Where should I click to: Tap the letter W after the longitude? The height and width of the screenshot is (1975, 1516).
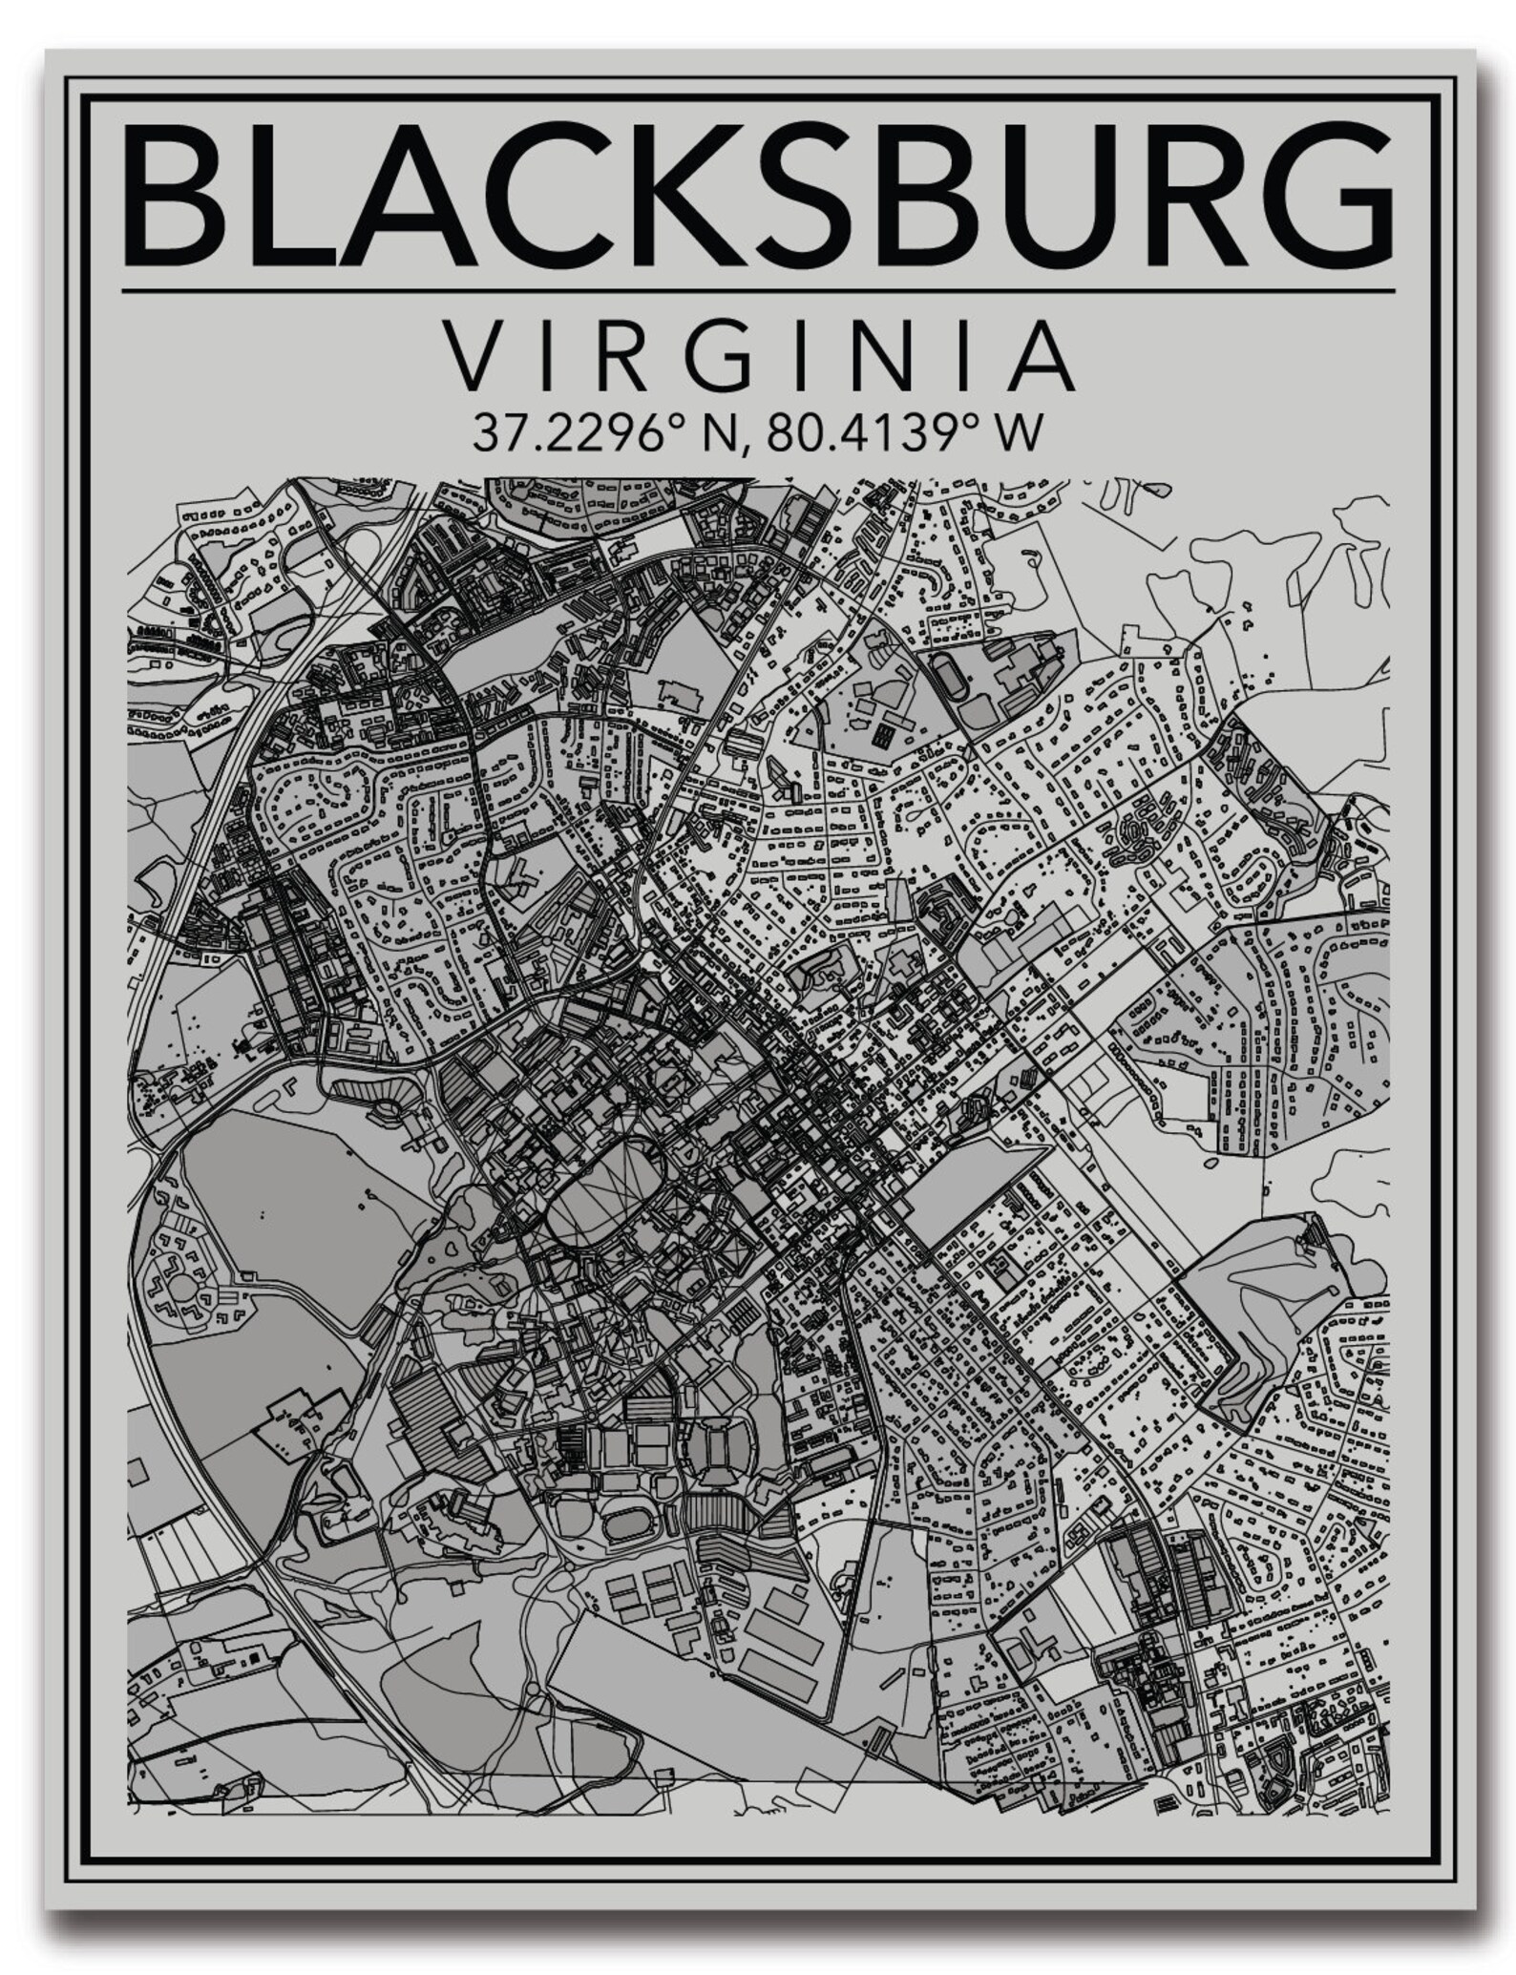click(x=1015, y=433)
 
